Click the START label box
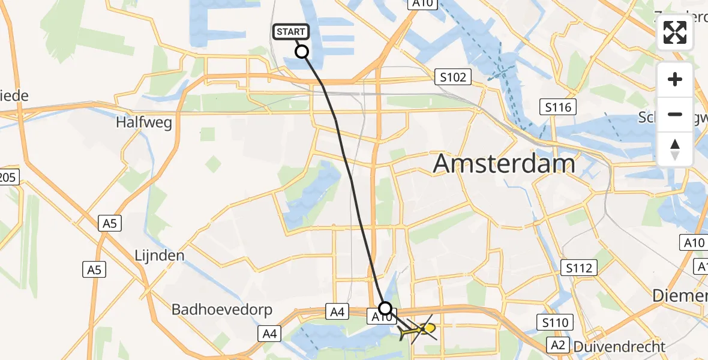tap(291, 32)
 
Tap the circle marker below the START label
tap(302, 52)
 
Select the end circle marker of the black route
tap(385, 308)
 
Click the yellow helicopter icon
tap(420, 329)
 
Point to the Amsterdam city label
tap(504, 163)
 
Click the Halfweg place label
tap(145, 123)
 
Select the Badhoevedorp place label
tap(222, 310)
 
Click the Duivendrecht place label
tap(619, 346)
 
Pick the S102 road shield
tap(453, 77)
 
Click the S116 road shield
tap(558, 107)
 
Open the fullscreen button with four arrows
tap(675, 32)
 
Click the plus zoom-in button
tap(675, 79)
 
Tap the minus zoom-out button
tap(675, 114)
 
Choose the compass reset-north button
tap(675, 149)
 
